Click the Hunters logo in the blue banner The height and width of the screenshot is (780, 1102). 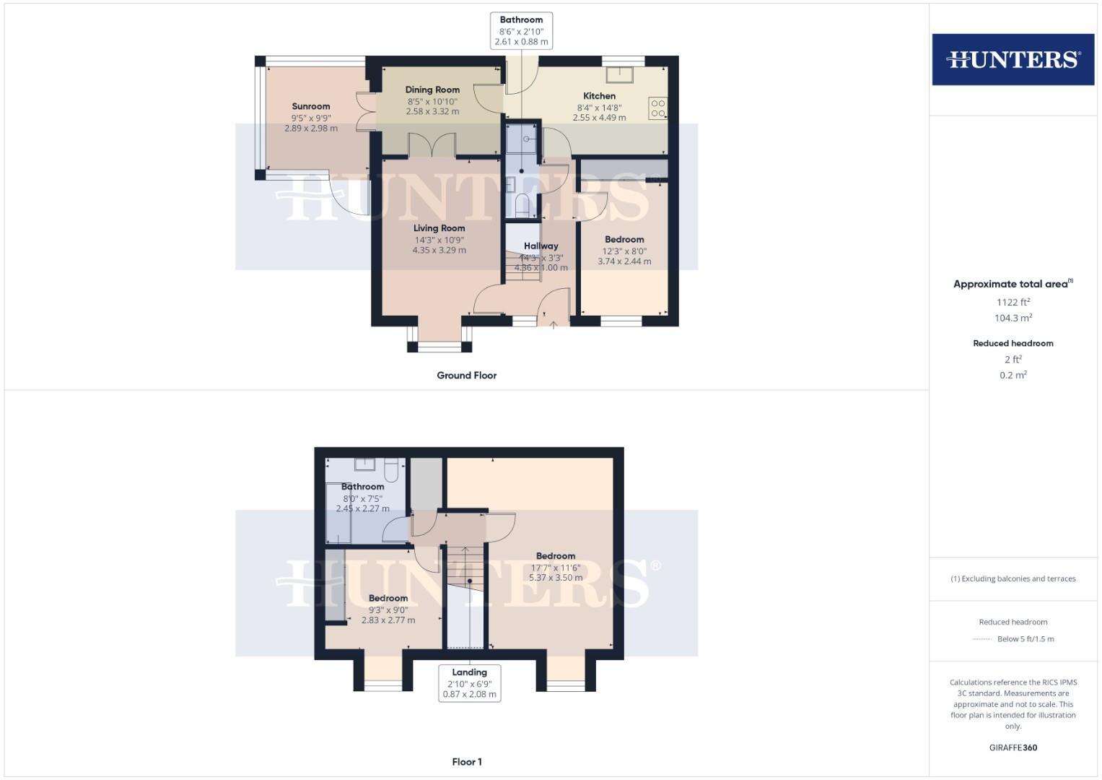click(1013, 59)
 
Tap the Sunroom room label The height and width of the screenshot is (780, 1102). click(311, 106)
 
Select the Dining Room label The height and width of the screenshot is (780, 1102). click(432, 90)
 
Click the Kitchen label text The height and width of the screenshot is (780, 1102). click(599, 95)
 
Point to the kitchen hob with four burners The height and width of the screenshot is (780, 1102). click(657, 108)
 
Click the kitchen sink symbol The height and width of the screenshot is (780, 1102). click(619, 75)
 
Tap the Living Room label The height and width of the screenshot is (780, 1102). click(439, 228)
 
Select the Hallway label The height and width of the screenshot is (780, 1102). click(541, 246)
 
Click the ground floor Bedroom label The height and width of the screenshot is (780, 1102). click(624, 239)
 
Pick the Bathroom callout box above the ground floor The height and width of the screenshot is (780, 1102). click(521, 30)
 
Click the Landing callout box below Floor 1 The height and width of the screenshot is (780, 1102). click(469, 682)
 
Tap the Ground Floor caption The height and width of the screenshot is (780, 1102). click(466, 376)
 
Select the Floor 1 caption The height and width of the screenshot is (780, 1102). click(466, 762)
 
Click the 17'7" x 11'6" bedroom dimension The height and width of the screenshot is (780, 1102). click(556, 568)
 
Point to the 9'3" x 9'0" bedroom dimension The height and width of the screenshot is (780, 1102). click(388, 610)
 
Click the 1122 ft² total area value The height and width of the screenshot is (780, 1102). click(1013, 303)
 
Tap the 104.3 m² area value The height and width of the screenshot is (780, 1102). click(1013, 318)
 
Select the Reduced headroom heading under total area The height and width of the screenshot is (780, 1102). click(1013, 343)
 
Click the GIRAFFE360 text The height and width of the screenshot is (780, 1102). click(1013, 747)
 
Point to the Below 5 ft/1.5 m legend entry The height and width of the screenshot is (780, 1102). click(1025, 639)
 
